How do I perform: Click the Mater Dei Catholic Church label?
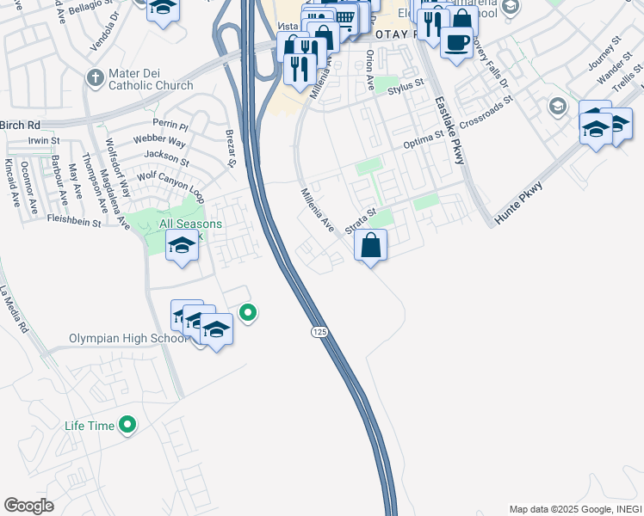(152, 80)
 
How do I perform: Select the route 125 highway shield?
(319, 331)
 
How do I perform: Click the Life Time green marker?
(127, 424)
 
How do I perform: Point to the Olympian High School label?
(127, 338)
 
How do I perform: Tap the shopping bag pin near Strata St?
(370, 246)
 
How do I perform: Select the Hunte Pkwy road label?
(526, 200)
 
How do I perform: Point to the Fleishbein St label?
(73, 221)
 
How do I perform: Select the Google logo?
(28, 506)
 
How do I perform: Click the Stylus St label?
(406, 87)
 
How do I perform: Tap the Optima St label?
(424, 141)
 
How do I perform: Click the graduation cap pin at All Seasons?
(181, 247)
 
